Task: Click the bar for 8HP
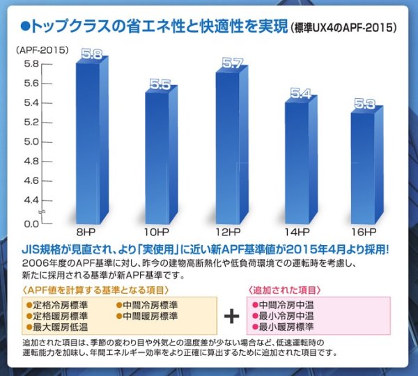(x=91, y=139)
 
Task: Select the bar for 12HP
(x=230, y=146)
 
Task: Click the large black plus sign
(x=231, y=315)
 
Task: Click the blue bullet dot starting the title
(x=25, y=27)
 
